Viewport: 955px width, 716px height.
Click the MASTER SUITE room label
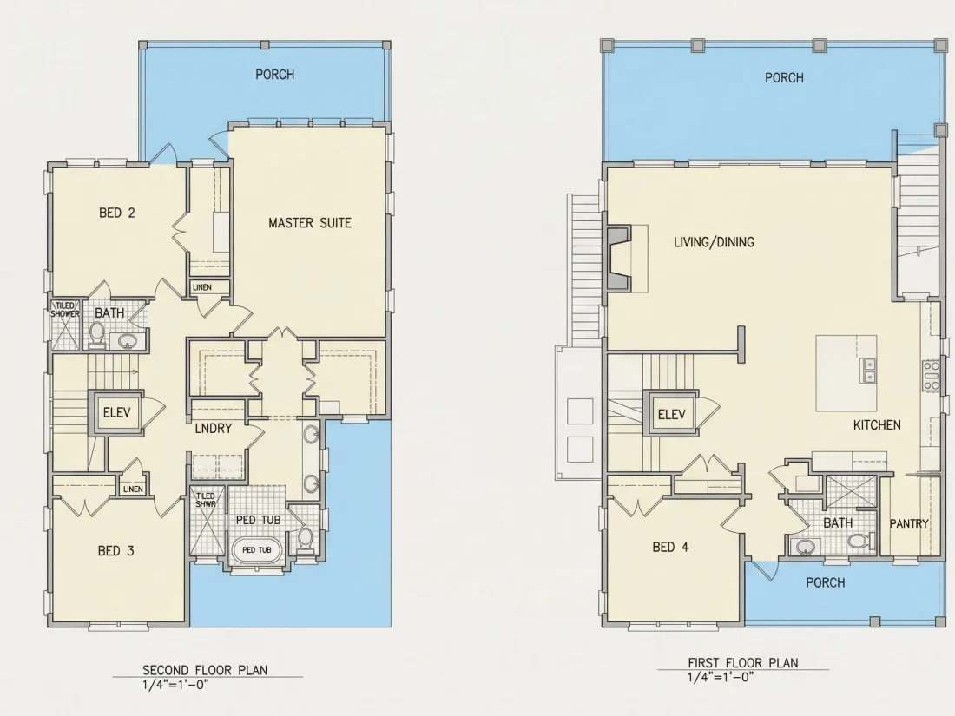[x=310, y=223]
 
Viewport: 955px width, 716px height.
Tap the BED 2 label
[x=117, y=213]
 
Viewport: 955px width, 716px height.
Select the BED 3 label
[x=115, y=551]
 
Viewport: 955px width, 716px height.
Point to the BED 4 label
[x=670, y=547]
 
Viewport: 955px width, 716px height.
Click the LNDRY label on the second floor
[x=214, y=429]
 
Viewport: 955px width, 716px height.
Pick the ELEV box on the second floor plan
[x=116, y=413]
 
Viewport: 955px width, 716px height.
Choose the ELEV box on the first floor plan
[x=672, y=415]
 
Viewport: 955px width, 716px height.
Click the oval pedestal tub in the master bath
[x=257, y=550]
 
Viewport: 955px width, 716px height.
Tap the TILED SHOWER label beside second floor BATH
[x=64, y=309]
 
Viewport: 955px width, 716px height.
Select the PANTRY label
[x=909, y=523]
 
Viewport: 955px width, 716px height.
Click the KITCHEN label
[x=877, y=425]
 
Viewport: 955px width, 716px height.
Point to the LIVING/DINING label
[x=714, y=242]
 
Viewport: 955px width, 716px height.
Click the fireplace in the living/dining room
[x=619, y=258]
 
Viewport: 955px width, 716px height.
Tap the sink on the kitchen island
[x=868, y=371]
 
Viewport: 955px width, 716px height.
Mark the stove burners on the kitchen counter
[x=931, y=375]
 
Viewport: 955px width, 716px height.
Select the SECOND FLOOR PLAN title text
[x=205, y=670]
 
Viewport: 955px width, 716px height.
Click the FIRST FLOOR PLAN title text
[x=743, y=662]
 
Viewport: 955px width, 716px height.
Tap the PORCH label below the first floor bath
[x=826, y=582]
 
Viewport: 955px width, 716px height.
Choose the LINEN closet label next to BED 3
[x=133, y=489]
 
